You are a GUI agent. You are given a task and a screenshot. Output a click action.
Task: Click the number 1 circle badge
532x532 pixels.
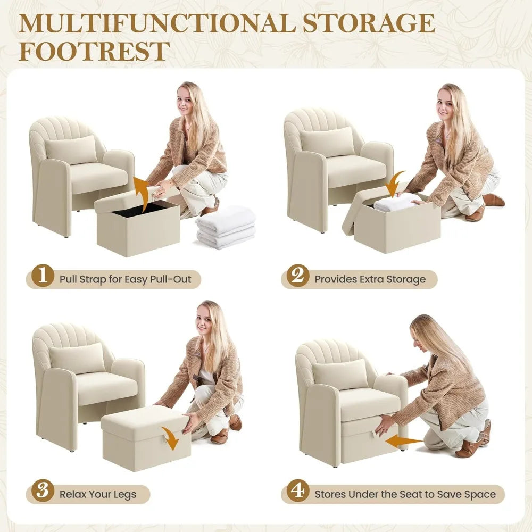point(43,276)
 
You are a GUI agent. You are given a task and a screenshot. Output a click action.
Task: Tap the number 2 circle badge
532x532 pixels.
point(297,276)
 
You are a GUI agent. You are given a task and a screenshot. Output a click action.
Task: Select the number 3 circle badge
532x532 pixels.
point(43,491)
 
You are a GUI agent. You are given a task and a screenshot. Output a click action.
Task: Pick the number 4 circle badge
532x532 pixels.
point(297,491)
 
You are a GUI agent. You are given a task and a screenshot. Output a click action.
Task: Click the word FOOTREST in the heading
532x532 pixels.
point(94,51)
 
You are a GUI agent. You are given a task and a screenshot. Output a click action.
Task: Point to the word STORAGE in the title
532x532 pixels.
point(369,23)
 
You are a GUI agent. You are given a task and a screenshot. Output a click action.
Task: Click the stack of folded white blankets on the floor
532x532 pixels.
point(226,227)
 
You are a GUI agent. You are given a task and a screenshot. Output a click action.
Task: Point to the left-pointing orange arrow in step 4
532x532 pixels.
point(404,442)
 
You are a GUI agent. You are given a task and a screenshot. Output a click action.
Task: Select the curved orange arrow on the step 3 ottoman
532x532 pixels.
point(171,438)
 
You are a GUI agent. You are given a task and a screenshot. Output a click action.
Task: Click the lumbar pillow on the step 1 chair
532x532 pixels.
point(71,149)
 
